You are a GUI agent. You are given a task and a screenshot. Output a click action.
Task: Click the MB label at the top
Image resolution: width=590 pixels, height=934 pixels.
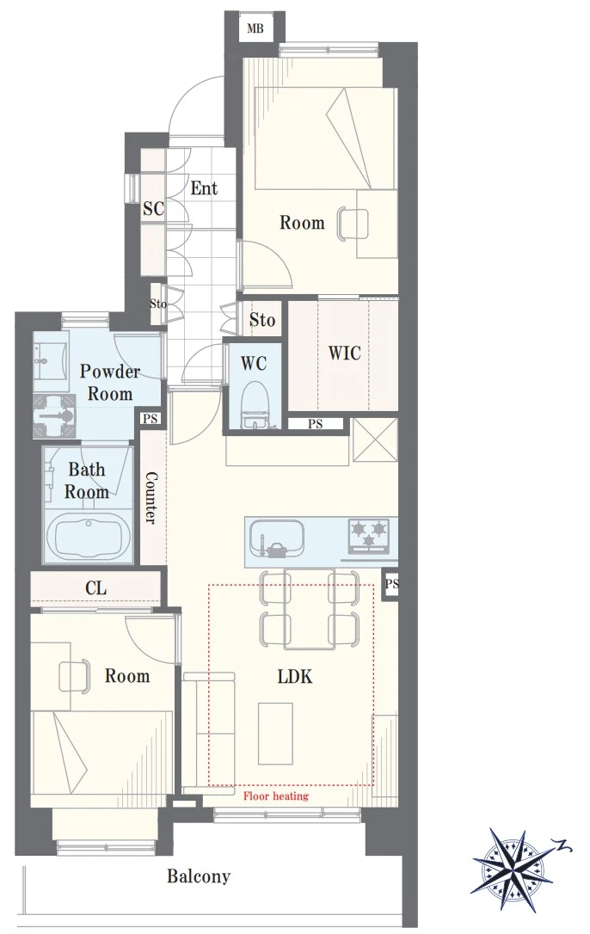click(x=255, y=28)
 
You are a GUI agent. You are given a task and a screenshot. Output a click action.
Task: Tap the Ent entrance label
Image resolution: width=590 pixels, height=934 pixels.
click(x=204, y=188)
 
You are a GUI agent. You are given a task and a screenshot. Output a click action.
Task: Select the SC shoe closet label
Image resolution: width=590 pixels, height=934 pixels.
click(x=153, y=208)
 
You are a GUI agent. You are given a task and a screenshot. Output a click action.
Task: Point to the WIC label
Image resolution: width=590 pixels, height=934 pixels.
click(x=345, y=353)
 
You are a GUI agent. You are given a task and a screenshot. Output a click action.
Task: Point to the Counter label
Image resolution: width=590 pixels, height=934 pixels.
click(x=151, y=498)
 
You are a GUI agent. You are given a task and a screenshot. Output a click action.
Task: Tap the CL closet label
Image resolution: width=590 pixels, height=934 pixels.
click(x=96, y=588)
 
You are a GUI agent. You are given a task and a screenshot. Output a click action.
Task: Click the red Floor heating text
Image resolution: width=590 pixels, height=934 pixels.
click(x=276, y=796)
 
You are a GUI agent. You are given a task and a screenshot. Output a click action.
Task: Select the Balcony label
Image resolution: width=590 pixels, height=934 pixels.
click(x=199, y=876)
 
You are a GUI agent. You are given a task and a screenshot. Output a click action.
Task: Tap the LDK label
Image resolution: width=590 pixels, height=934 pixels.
click(x=295, y=677)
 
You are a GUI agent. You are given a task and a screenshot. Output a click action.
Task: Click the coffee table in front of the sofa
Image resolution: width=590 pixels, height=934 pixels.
click(x=275, y=734)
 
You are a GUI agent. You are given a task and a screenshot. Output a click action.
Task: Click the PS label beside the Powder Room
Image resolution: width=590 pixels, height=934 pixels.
click(x=151, y=420)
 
